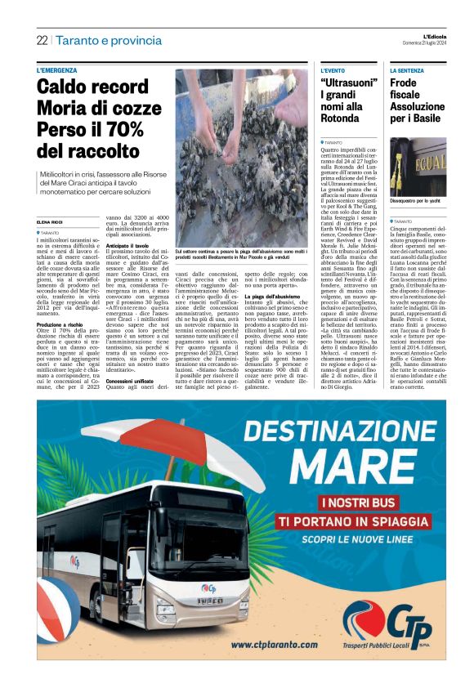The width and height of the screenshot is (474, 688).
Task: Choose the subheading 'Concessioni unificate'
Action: point(131,381)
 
